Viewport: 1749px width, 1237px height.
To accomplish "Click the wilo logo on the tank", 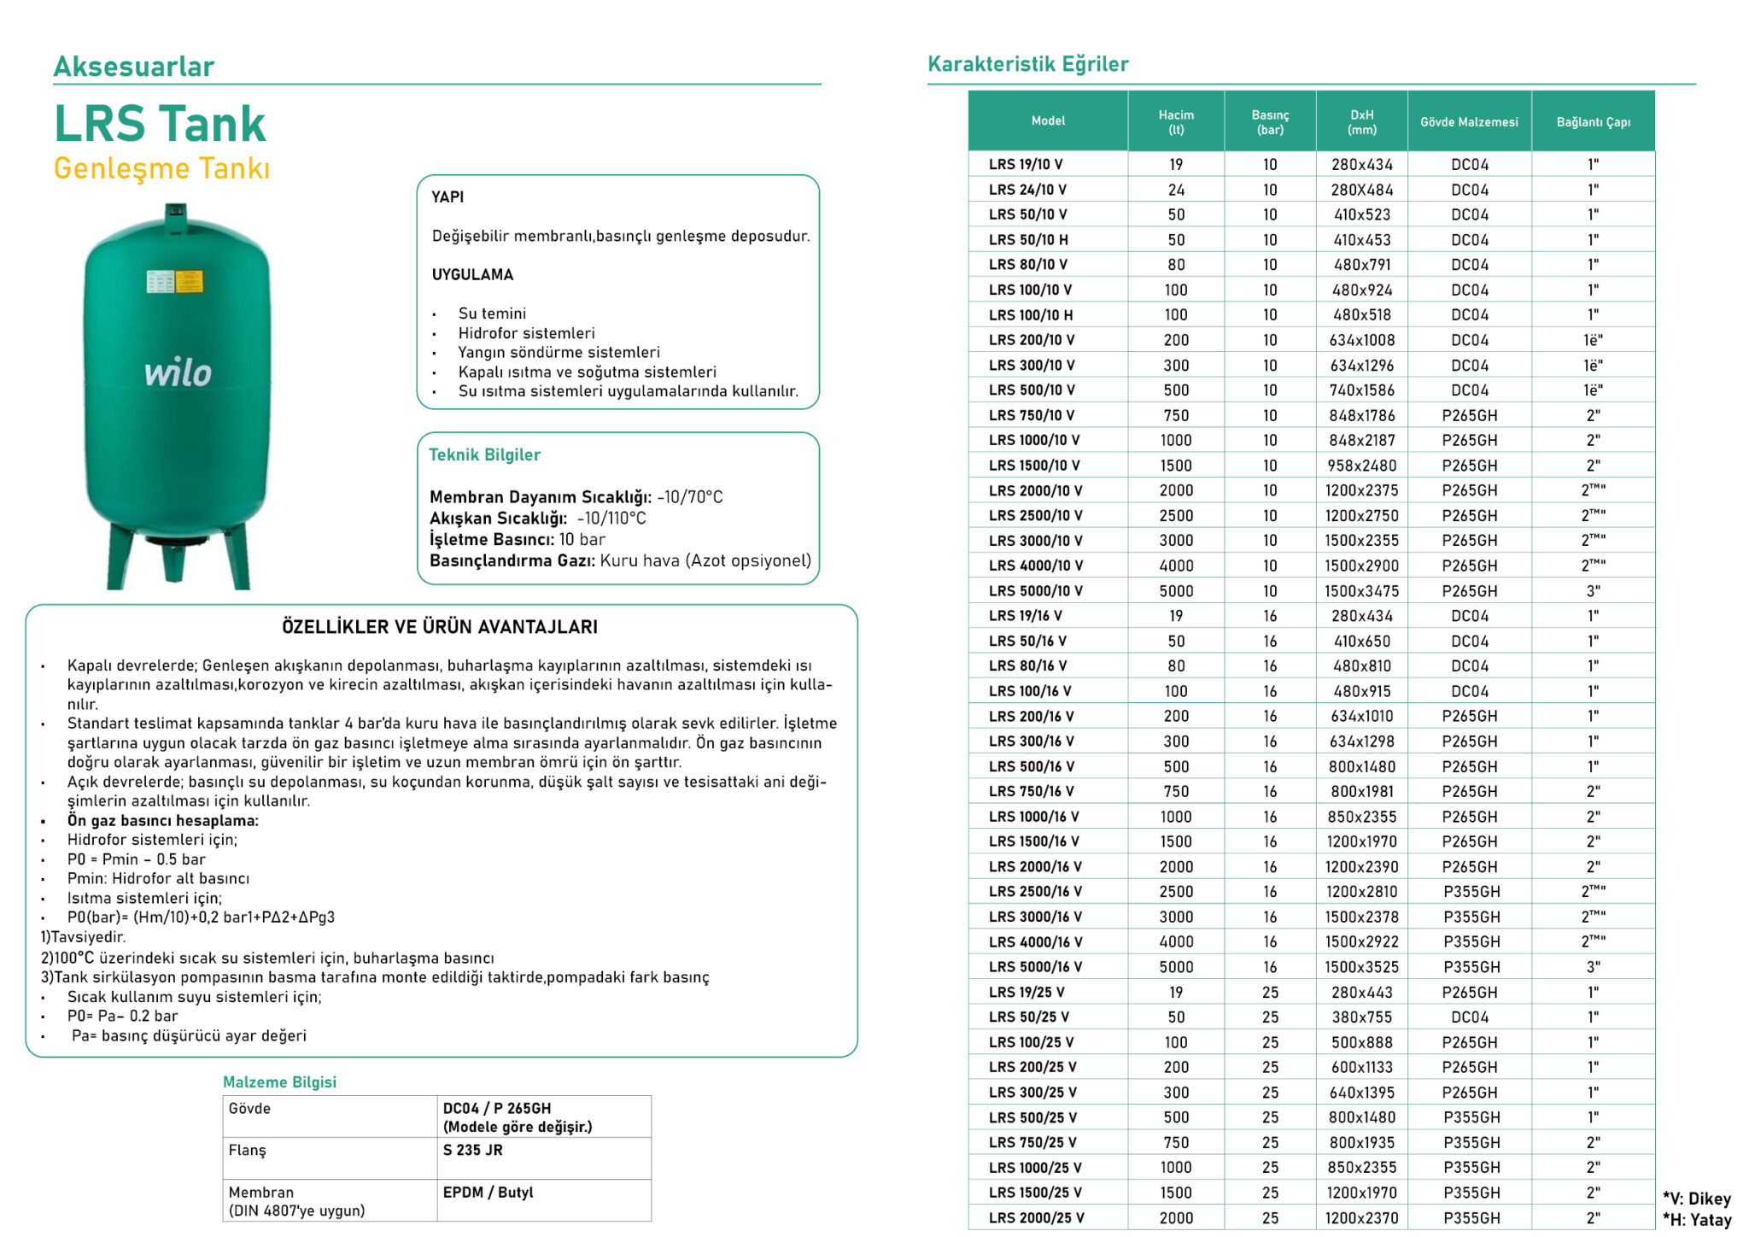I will click(178, 373).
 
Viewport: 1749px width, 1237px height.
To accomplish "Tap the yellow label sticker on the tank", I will click(190, 281).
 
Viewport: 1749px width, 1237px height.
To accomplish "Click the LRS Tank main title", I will click(160, 124).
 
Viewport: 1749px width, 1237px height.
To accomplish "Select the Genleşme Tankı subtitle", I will click(161, 168).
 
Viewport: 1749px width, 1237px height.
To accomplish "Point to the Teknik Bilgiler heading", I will click(484, 454).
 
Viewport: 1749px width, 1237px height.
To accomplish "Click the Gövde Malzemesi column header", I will click(1469, 122).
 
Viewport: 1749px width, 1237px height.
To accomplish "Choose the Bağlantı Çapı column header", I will click(1593, 122).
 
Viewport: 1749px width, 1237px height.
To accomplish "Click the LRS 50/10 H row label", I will click(1028, 240).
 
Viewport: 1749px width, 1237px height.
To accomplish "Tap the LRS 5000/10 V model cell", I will click(1035, 590).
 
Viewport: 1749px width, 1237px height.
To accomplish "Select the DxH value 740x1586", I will click(1361, 390).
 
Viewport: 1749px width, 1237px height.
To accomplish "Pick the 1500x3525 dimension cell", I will click(1361, 967).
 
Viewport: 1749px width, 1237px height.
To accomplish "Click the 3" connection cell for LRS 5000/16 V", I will click(1593, 967).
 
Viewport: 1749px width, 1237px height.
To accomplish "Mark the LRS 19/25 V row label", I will click(1027, 992).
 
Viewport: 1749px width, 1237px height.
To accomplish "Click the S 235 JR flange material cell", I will click(472, 1150).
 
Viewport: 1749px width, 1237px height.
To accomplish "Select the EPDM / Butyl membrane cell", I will click(488, 1192).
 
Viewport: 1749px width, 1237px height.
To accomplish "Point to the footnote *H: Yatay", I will click(1696, 1220).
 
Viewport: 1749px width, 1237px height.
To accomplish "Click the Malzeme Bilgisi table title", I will click(279, 1082).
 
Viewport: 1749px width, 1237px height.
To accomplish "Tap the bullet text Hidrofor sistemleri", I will click(526, 333).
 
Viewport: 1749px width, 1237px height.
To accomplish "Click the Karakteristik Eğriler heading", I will click(1027, 64).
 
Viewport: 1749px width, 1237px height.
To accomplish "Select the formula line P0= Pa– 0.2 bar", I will click(123, 1016).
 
